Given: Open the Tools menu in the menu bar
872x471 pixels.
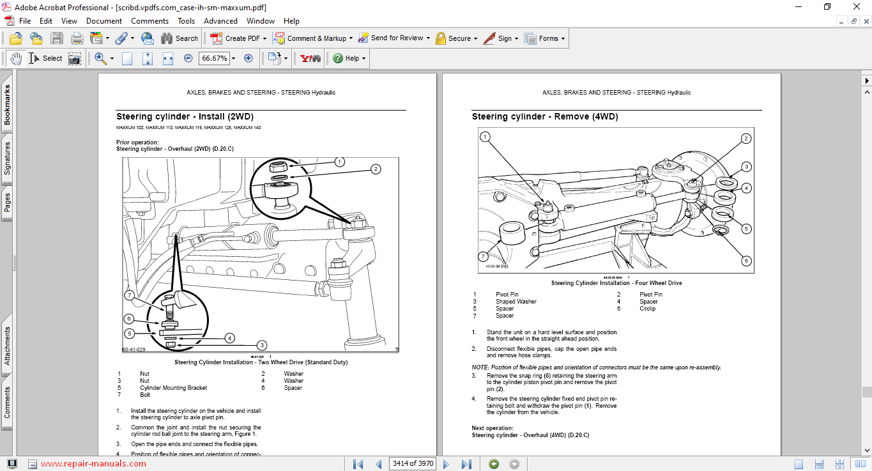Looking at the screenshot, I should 186,21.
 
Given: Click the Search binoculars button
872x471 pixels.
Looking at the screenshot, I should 180,38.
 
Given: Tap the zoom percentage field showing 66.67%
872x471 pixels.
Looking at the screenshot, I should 214,58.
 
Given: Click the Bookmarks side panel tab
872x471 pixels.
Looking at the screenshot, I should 7,106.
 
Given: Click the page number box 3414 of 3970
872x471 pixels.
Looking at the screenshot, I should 412,463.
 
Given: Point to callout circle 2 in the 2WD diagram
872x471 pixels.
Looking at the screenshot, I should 376,169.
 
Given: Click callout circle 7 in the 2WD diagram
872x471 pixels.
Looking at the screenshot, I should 129,295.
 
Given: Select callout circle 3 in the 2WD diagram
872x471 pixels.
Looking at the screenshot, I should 261,345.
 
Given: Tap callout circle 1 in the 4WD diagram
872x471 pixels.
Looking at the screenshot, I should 485,137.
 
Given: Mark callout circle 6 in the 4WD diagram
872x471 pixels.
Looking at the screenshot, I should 746,260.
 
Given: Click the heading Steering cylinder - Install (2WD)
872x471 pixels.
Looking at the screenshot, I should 185,117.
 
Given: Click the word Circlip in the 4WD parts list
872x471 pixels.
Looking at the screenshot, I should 647,309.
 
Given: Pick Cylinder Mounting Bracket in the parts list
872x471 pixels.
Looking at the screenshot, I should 173,388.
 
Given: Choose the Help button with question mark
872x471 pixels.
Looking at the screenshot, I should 349,58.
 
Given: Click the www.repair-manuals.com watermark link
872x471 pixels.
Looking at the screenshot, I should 93,464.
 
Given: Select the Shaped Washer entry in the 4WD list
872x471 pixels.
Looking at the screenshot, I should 516,302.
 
